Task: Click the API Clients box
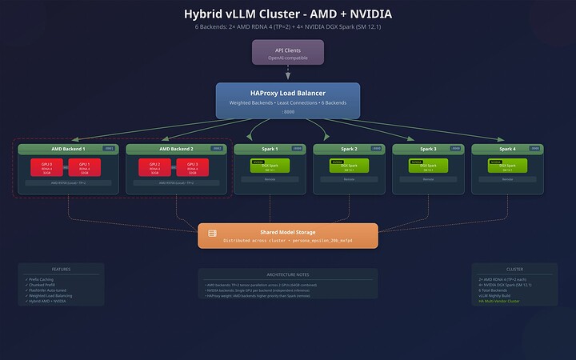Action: [x=287, y=52]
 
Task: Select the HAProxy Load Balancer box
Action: [x=287, y=101]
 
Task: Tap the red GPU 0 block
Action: [x=46, y=167]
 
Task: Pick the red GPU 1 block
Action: [x=84, y=167]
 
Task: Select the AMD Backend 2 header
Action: [x=165, y=149]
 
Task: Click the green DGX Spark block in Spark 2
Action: [x=348, y=166]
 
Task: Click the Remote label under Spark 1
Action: [x=270, y=179]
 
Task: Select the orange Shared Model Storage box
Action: [x=287, y=235]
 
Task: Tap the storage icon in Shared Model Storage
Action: [x=213, y=233]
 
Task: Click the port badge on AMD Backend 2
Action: [x=216, y=149]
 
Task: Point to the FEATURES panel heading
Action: [x=62, y=270]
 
